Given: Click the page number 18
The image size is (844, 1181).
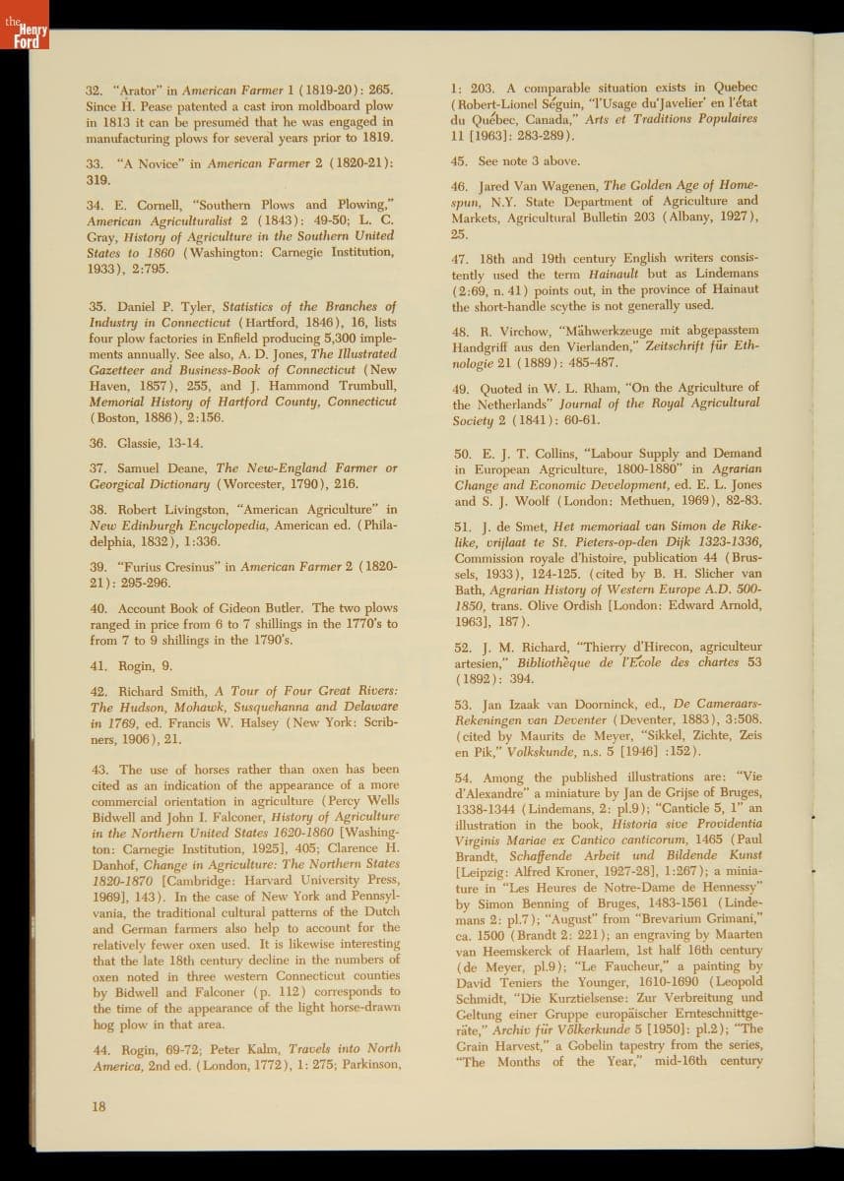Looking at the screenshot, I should [97, 1105].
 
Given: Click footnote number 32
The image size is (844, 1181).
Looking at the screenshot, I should [95, 91].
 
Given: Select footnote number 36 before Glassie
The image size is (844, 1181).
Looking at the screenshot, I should [96, 443].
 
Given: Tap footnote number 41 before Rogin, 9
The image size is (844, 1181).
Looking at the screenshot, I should [96, 665].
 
